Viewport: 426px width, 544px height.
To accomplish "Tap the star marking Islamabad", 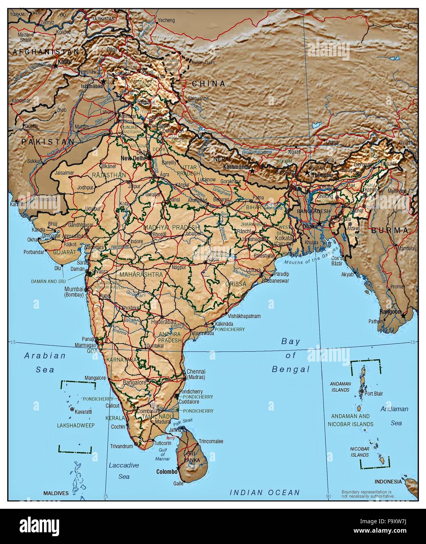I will point(103,81).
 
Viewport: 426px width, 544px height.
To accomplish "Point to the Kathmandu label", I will point(236,167).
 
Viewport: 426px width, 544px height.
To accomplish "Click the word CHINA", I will point(208,83).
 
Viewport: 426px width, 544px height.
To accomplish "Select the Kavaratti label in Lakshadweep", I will point(83,412).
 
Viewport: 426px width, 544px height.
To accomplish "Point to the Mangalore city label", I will point(96,378).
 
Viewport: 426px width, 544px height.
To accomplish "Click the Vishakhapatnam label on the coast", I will point(244,316).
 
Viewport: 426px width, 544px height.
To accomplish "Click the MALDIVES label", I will point(56,493).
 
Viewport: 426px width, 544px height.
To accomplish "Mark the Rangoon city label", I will point(390,312).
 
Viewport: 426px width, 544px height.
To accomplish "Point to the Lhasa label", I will point(331,142).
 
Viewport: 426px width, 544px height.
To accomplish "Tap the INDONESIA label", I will point(388,481).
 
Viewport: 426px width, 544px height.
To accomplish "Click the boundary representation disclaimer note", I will point(368,494).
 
